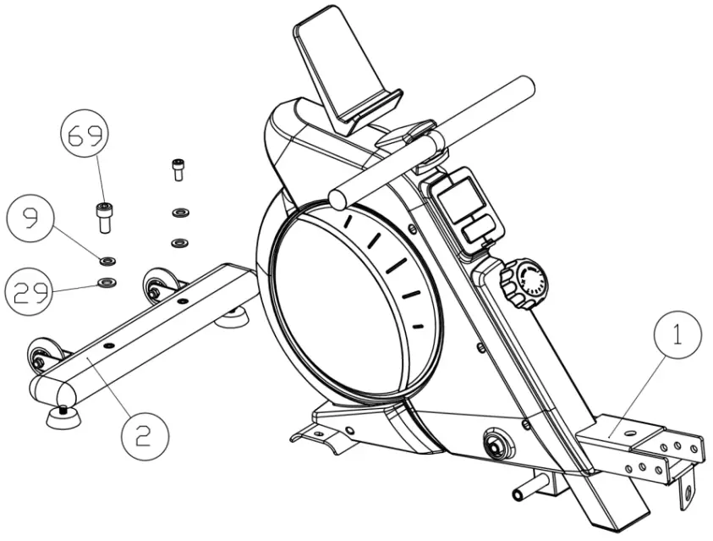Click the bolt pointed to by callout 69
pyautogui.click(x=103, y=218)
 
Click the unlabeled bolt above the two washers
pyautogui.click(x=178, y=169)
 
